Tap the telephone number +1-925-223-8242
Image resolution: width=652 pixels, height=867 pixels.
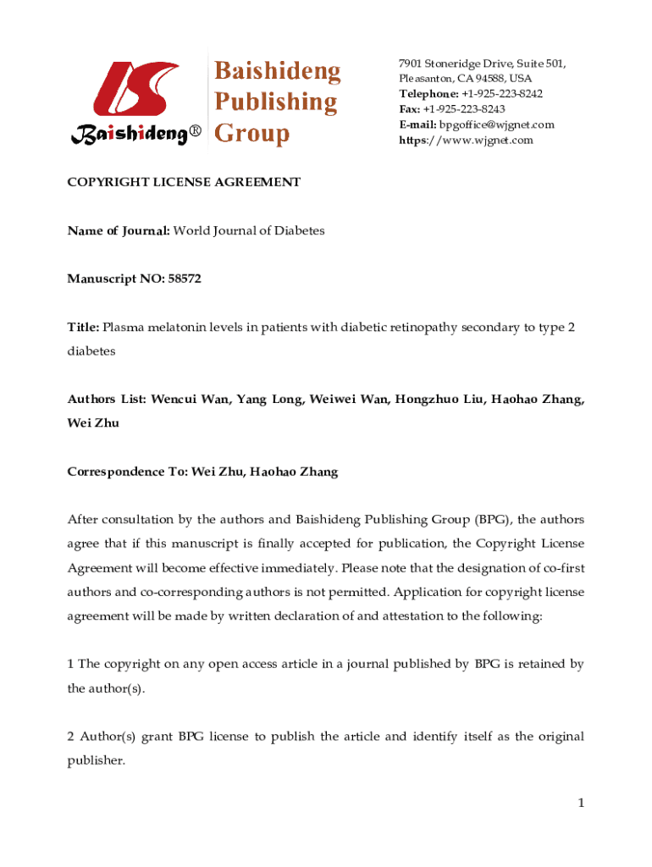pyautogui.click(x=502, y=94)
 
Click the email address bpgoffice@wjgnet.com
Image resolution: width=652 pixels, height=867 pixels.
pyautogui.click(x=495, y=124)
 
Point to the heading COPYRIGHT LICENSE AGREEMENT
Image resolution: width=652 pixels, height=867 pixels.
pyautogui.click(x=184, y=182)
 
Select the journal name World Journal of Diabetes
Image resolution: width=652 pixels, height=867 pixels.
pyautogui.click(x=249, y=230)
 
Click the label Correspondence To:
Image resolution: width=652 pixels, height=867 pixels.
pyautogui.click(x=128, y=472)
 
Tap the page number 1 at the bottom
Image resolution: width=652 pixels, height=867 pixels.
pyautogui.click(x=582, y=803)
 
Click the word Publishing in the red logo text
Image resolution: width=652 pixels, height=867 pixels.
pyautogui.click(x=274, y=102)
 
